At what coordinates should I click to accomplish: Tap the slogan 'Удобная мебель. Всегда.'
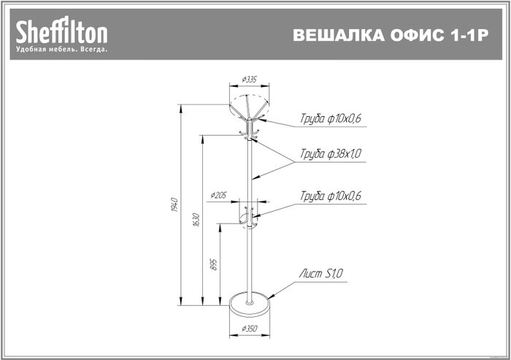coord(61,50)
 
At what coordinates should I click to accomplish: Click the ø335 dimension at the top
coord(250,80)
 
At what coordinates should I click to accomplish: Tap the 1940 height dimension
coord(174,204)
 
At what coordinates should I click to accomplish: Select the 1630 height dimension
coord(196,220)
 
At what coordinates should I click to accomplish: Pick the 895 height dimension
coord(214,264)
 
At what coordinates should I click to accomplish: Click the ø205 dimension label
coord(218,195)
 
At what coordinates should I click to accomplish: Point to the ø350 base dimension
coord(250,329)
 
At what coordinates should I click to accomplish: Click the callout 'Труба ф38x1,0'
coord(331,153)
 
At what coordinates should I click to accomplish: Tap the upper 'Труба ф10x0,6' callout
coord(331,118)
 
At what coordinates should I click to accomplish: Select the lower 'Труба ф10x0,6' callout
coord(331,196)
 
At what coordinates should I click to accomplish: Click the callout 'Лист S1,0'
coord(321,273)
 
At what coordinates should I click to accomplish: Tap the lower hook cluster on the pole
coord(249,217)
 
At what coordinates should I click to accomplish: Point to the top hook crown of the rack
coord(250,118)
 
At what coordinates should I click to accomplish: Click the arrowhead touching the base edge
coord(271,295)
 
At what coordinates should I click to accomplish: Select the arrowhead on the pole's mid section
coord(255,177)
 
